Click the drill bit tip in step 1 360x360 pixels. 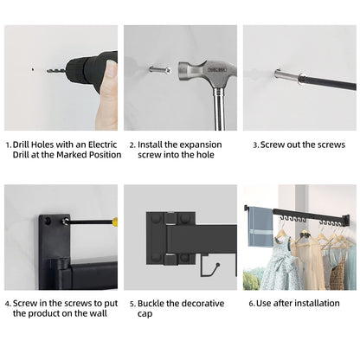tap(48, 70)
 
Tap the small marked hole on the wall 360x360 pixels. tap(33, 69)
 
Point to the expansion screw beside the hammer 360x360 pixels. tap(159, 69)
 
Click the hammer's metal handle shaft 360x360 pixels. tap(219, 109)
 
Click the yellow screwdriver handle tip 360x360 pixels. tap(115, 222)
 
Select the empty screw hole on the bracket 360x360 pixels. tap(48, 222)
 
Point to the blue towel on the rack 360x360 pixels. tap(260, 227)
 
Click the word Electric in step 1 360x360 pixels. tap(102, 145)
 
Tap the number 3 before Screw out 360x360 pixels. tap(255, 145)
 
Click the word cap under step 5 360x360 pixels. tap(145, 314)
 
